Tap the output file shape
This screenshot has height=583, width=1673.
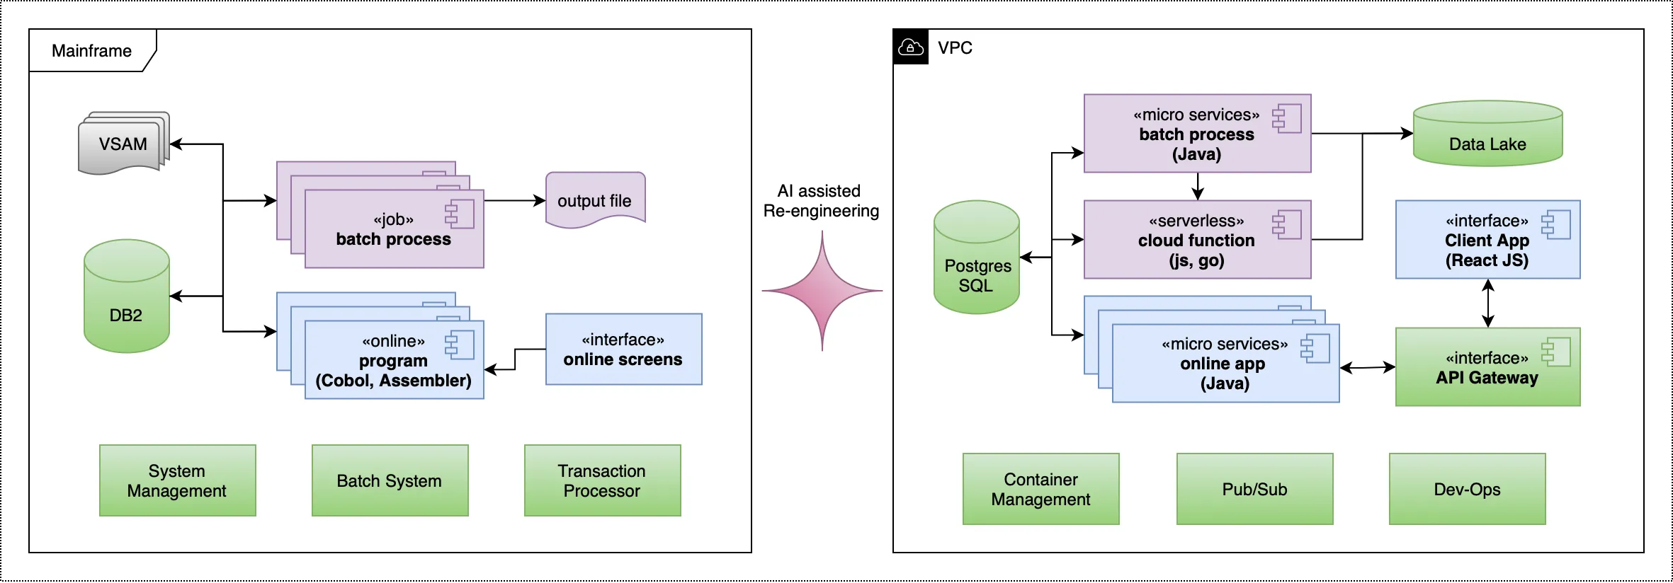pos(594,200)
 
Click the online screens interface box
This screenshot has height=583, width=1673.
pos(623,350)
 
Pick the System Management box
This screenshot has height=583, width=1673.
pos(177,480)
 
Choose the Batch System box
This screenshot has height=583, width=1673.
pos(390,480)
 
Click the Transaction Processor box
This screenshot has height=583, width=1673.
pos(602,480)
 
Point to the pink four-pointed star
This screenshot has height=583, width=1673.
pos(822,291)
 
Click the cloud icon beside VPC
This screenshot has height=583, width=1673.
pos(910,47)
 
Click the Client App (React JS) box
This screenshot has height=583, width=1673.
pos(1487,240)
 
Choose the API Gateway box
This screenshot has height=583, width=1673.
pos(1487,367)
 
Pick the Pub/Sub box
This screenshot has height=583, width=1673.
pos(1254,489)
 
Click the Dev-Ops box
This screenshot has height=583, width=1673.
pos(1467,489)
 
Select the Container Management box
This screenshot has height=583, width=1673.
pos(1040,489)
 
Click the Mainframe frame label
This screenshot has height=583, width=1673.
pos(91,51)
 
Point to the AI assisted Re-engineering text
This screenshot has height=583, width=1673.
pos(820,201)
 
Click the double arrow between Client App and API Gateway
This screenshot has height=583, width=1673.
pos(1488,304)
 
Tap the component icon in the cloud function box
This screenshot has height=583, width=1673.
pos(1287,225)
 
